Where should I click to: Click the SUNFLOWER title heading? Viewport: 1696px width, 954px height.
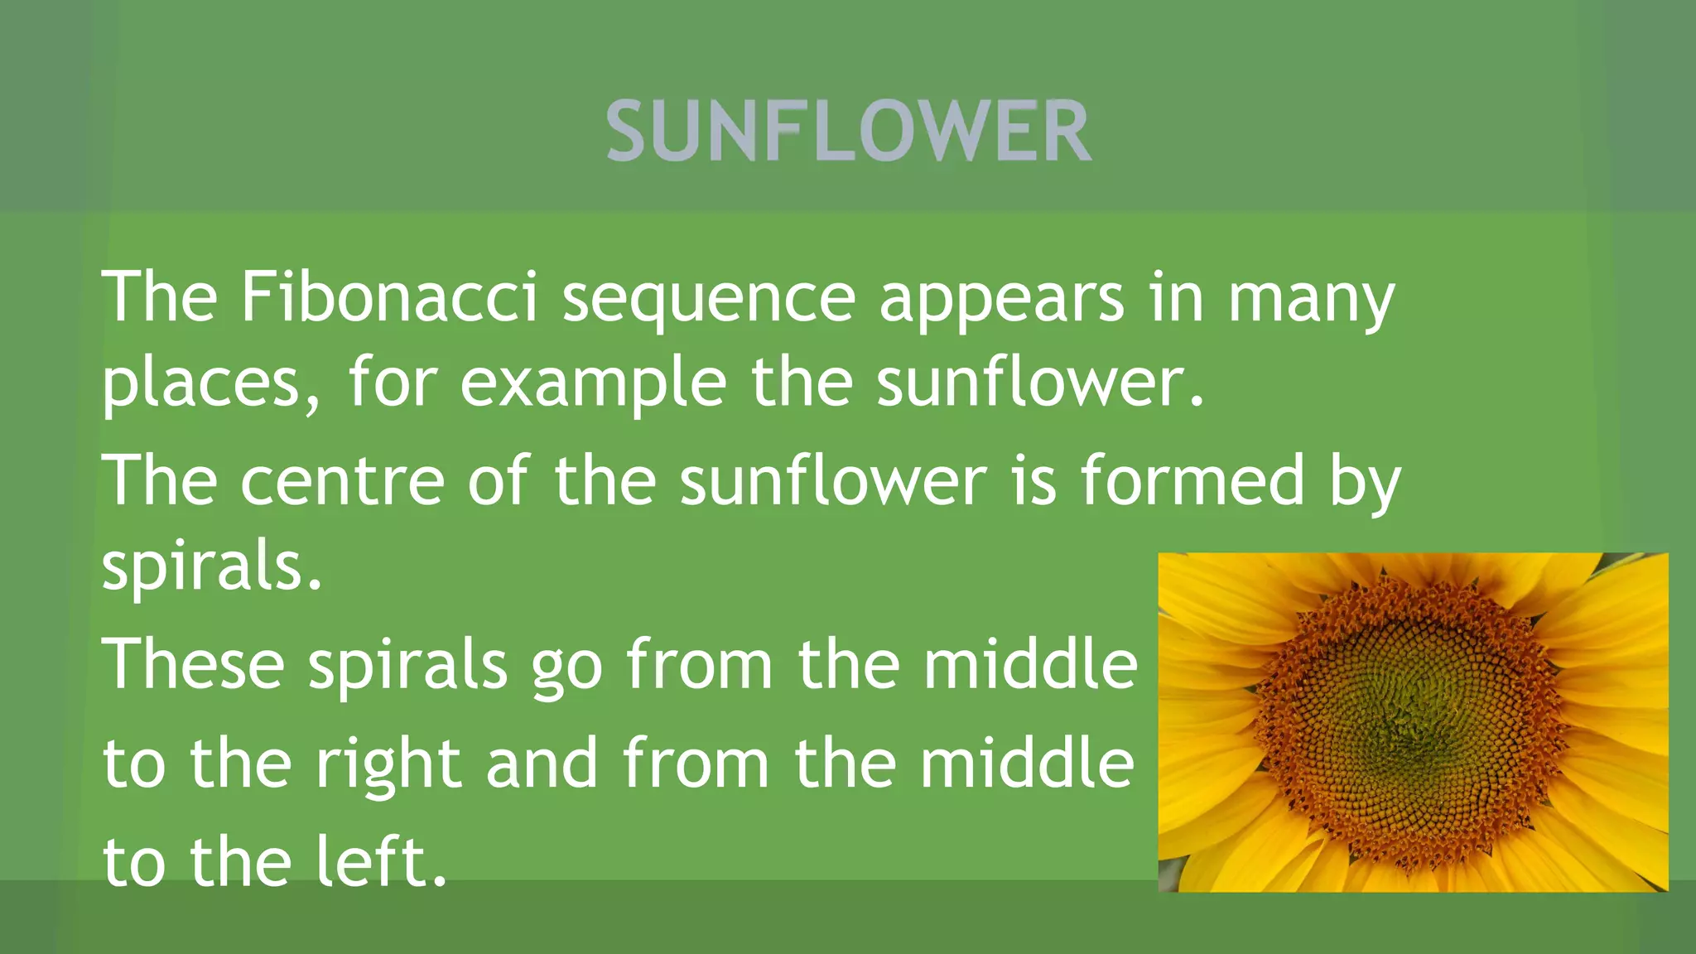point(848,131)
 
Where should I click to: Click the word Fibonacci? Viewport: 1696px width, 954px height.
point(389,298)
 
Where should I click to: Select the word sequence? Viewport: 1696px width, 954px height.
point(709,300)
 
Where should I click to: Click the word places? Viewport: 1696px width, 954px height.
point(210,386)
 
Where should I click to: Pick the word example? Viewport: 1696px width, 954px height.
point(593,386)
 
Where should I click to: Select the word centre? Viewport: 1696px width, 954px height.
point(343,482)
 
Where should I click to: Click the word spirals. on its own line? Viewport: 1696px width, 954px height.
point(212,570)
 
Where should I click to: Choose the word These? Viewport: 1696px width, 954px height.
point(193,664)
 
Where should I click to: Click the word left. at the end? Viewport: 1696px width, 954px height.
point(382,861)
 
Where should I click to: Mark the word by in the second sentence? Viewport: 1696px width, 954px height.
point(1365,484)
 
